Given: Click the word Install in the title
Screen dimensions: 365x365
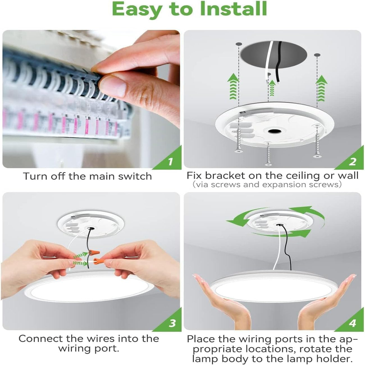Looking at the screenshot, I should (233, 9).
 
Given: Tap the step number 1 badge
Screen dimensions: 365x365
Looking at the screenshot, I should (170, 162).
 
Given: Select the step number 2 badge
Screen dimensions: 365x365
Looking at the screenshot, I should (352, 162).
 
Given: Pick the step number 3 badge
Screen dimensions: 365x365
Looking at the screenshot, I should (172, 323).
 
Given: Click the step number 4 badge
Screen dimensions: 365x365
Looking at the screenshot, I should (352, 323).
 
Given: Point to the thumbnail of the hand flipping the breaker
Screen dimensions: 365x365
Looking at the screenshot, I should (91, 99).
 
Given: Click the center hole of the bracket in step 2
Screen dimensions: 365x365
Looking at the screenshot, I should (273, 131).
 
